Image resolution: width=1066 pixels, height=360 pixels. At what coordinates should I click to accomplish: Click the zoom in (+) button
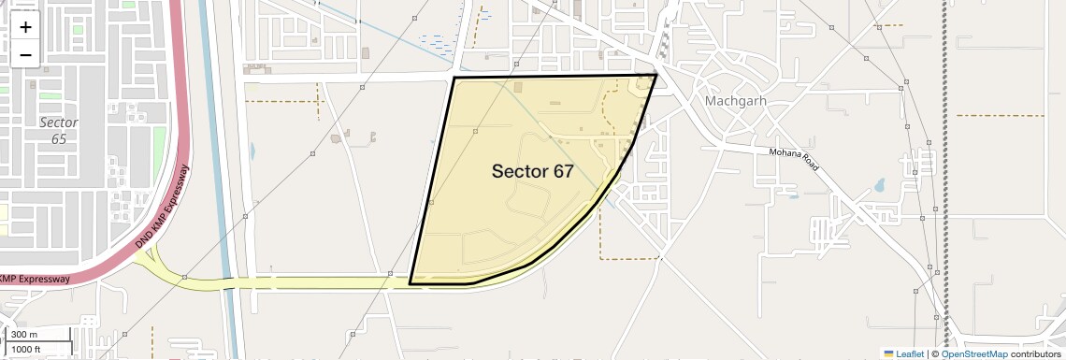point(25,27)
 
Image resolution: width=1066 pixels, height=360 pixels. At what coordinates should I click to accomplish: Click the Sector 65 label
point(59,130)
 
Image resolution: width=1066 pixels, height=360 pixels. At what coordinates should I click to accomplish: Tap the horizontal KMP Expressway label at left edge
point(35,279)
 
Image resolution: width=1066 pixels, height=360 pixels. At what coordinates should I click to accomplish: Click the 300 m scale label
point(24,335)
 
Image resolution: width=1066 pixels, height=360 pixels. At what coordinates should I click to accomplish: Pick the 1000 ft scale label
point(28,350)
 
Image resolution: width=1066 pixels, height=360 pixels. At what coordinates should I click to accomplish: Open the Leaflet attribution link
point(910,353)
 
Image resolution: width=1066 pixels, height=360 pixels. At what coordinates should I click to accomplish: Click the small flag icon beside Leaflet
point(888,353)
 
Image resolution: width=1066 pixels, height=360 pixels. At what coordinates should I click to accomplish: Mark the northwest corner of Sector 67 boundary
point(454,78)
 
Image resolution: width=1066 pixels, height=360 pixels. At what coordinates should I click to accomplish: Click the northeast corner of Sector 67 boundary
point(656,75)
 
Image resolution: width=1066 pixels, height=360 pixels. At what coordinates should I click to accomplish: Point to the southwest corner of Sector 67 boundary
point(410,282)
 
